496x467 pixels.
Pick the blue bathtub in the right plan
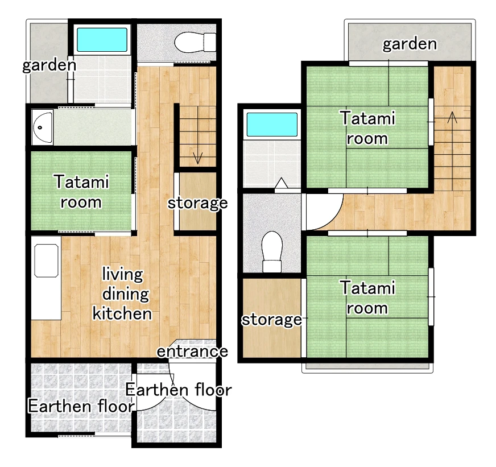271,125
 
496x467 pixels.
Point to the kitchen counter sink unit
46,282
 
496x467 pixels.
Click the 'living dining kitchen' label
122,294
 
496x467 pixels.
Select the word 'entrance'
192,352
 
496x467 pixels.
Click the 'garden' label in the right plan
410,44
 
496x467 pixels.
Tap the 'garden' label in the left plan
49,65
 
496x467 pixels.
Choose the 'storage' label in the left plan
197,203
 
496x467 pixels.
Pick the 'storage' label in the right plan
271,320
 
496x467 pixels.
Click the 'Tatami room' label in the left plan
81,192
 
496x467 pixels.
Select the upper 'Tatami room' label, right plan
367,128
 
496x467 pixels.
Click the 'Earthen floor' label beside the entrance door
178,390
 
